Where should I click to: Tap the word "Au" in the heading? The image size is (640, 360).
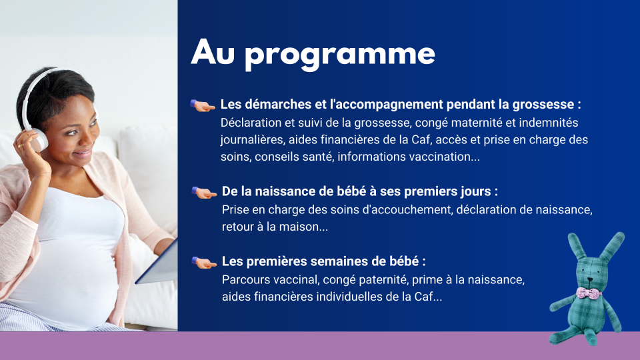coord(213,52)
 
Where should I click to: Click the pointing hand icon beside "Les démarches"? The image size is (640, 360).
coord(203,105)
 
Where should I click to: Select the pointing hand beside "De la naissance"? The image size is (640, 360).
coord(204,192)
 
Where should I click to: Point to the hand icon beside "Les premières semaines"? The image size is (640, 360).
coord(204,263)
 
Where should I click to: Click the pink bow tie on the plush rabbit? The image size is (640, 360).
coord(589,293)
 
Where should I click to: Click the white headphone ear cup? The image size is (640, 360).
coord(39,140)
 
